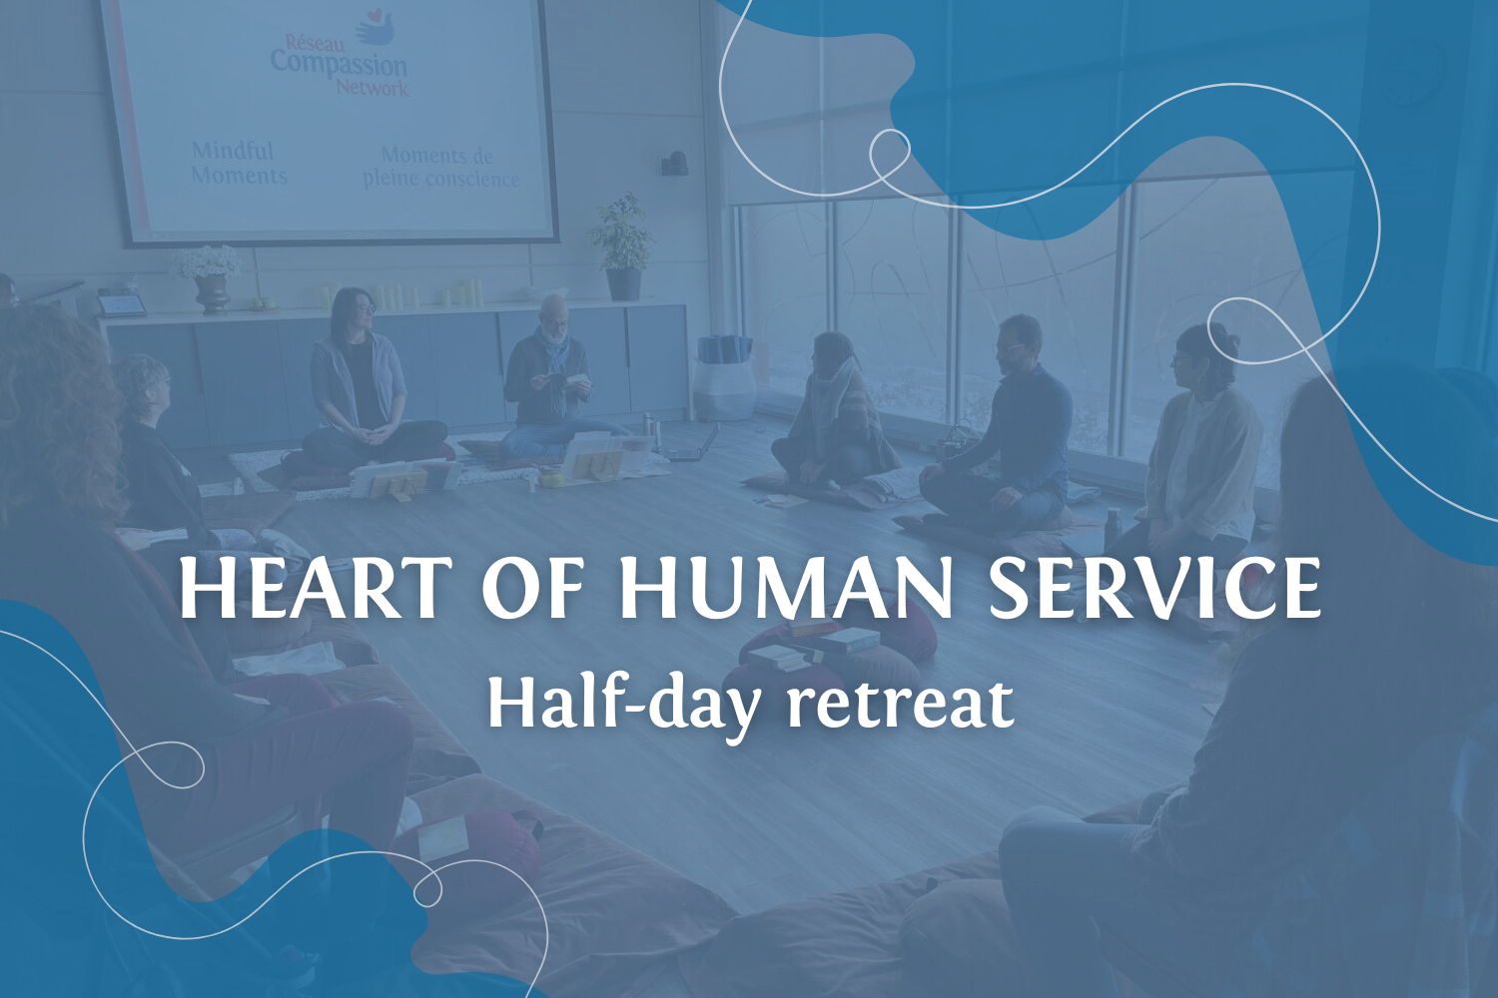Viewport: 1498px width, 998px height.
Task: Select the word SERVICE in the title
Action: click(x=1154, y=589)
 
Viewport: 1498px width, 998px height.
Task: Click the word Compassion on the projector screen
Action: click(x=339, y=64)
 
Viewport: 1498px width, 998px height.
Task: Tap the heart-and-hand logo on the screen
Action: click(x=374, y=27)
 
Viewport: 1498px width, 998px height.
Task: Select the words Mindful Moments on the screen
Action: click(x=239, y=163)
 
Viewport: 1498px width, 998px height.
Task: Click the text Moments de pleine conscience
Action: click(x=440, y=168)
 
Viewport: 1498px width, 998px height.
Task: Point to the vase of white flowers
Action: click(x=209, y=277)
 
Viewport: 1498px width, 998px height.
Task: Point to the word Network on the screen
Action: click(x=372, y=87)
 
